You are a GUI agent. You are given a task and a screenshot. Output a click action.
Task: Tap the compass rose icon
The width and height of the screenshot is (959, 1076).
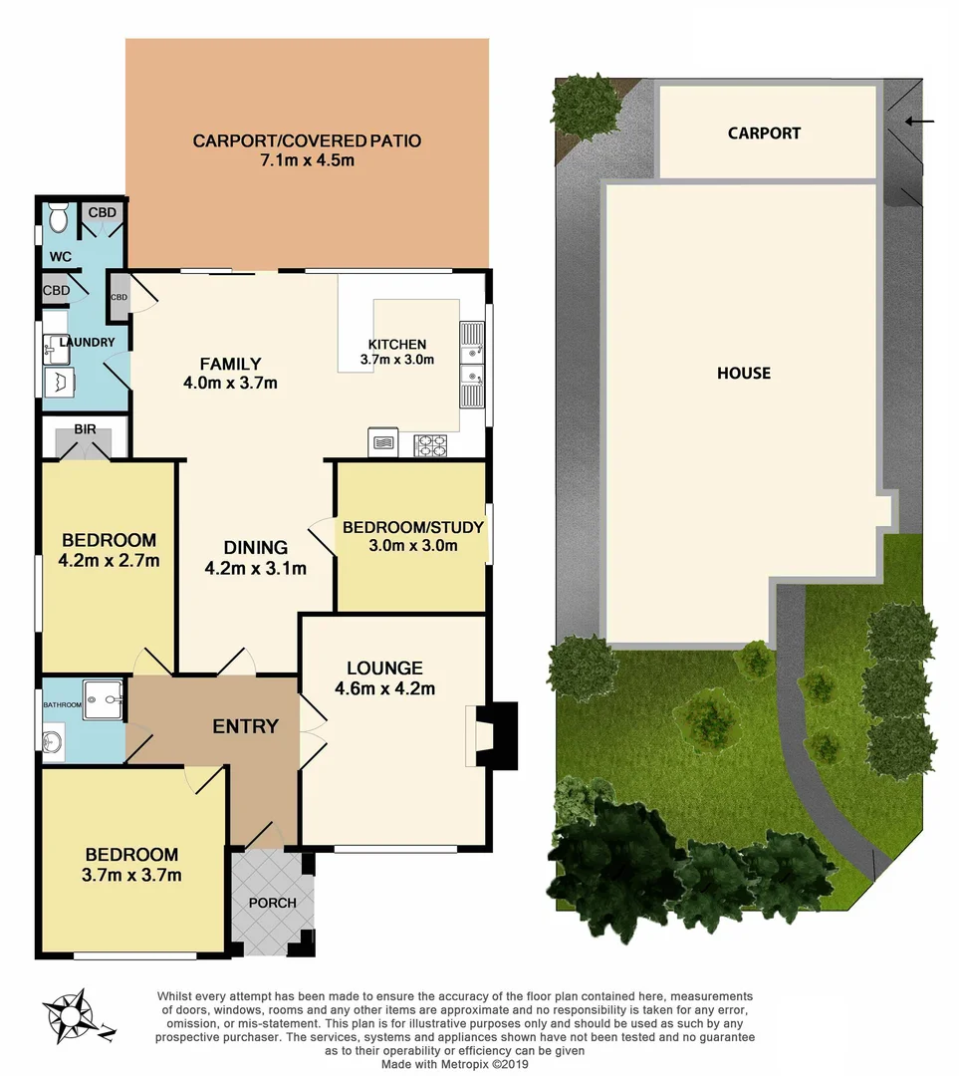(x=72, y=1014)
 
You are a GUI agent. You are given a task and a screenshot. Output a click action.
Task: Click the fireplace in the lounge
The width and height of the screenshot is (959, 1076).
(x=494, y=736)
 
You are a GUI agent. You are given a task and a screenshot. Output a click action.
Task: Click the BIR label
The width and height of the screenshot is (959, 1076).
(x=85, y=429)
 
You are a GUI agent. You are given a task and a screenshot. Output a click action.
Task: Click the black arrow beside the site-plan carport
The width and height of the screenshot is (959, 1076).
(x=920, y=122)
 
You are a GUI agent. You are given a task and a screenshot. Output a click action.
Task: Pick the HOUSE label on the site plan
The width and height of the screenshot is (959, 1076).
(x=744, y=373)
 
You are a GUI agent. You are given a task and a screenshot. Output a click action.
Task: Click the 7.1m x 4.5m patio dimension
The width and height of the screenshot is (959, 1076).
(x=307, y=160)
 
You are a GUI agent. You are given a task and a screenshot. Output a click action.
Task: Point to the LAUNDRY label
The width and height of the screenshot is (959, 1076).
(x=88, y=343)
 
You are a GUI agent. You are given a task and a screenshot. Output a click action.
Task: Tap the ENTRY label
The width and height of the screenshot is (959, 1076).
(x=245, y=726)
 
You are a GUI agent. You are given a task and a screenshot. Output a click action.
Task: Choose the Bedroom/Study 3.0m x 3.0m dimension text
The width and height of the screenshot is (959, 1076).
(x=412, y=545)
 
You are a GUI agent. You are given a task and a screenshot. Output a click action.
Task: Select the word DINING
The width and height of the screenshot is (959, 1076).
(x=255, y=547)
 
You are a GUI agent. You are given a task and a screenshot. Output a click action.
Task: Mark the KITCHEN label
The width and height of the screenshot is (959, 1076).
(x=397, y=345)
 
